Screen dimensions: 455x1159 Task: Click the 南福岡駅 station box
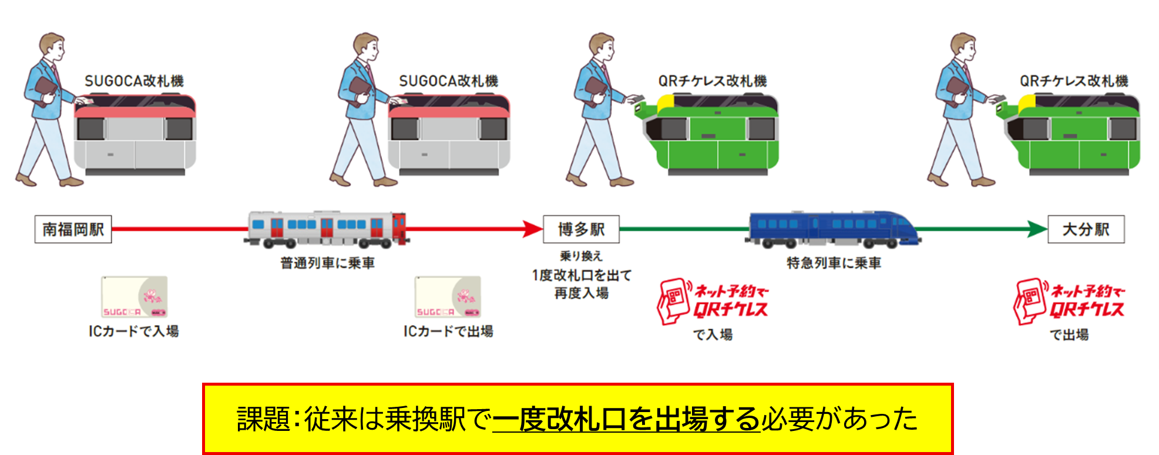pos(73,229)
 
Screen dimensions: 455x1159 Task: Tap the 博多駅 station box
pos(581,229)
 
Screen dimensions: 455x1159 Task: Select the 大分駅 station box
pos(1086,229)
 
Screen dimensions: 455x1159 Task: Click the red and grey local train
pos(327,229)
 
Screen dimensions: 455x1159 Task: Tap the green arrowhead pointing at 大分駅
pos(1037,229)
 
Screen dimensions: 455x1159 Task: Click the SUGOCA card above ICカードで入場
pos(135,297)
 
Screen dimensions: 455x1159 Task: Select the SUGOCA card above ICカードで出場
pos(448,297)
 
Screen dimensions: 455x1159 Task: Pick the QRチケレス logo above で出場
pos(1069,302)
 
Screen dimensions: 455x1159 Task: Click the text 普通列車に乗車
pos(327,263)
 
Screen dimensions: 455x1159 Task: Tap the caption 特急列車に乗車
pos(834,263)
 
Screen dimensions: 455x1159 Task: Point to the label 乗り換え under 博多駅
pos(581,256)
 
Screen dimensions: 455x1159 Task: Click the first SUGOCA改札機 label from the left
pos(134,81)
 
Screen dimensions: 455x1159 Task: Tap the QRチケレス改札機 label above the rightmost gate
pos(1074,81)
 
